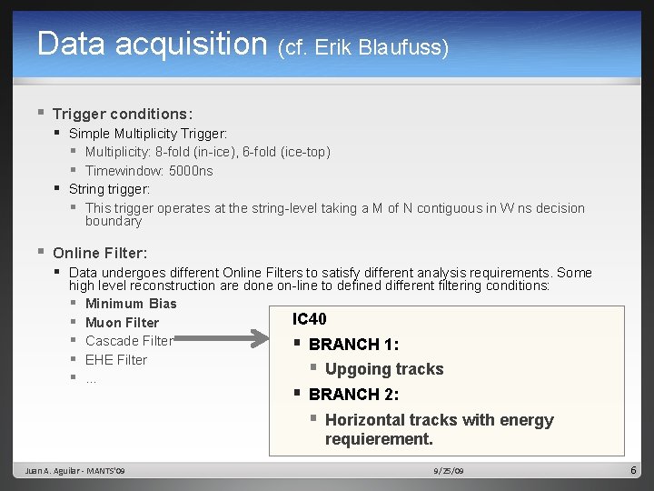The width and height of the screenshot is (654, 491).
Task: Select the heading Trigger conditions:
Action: [122, 114]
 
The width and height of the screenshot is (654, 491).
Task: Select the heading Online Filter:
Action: [99, 253]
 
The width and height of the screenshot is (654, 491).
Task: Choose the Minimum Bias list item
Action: [131, 304]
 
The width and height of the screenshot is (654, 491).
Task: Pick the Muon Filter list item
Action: [122, 323]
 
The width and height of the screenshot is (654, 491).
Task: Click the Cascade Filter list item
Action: [129, 341]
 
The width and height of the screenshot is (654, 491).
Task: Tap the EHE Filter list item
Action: [116, 360]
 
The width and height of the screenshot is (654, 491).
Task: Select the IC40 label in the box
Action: [309, 319]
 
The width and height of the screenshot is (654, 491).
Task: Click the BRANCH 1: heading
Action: [353, 345]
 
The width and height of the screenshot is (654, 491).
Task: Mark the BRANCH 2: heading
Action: [353, 395]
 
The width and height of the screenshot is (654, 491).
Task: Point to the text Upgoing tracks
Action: [384, 369]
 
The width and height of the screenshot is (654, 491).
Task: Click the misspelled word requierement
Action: [379, 439]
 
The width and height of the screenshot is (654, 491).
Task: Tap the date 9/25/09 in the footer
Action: [449, 471]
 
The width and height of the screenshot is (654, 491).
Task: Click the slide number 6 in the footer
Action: [634, 470]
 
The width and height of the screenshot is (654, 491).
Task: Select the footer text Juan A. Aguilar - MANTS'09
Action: [77, 471]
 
